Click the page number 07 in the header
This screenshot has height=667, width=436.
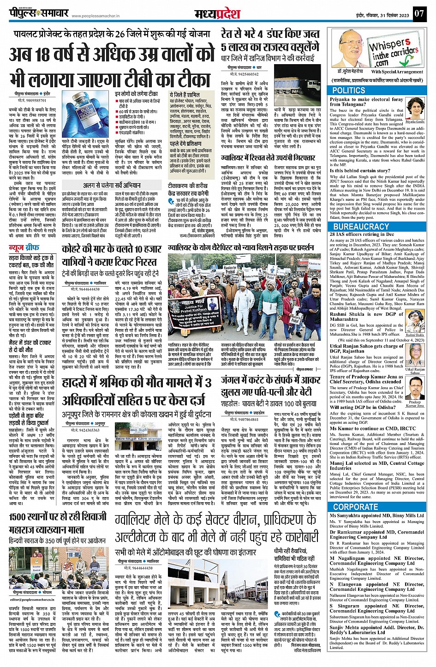418,13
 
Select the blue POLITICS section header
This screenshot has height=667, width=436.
349,90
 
